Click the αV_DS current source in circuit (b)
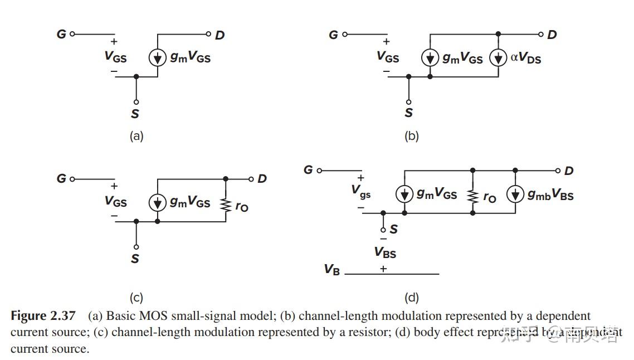coord(499,58)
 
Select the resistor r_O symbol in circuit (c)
coord(226,205)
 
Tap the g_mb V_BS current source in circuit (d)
coord(515,194)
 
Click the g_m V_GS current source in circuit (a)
coord(158,57)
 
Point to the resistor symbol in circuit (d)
coord(472,196)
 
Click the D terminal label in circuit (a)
coord(220,35)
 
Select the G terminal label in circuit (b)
coord(333,35)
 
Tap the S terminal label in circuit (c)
coord(135,259)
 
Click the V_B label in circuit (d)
coord(332,270)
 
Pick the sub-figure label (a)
coord(136,136)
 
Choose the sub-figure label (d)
coord(411,298)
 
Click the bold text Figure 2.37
coord(43,316)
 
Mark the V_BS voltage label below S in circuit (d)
coord(385,253)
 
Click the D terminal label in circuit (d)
coord(569,171)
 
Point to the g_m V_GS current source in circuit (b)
coord(430,58)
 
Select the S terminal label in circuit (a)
coord(135,114)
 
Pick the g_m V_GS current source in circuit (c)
coord(158,203)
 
